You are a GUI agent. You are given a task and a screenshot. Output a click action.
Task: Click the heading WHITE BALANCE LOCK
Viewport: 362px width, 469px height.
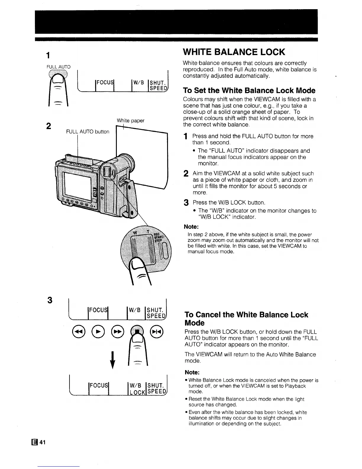pos(234,52)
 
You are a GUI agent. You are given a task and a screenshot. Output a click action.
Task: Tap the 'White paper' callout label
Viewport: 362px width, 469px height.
pos(130,121)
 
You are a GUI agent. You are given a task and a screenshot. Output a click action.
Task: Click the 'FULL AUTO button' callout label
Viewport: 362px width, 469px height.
pos(88,131)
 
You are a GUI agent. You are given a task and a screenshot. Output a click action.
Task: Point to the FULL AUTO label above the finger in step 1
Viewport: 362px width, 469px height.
pos(59,67)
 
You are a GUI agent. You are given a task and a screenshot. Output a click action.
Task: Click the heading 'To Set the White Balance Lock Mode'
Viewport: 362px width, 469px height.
pos(249,90)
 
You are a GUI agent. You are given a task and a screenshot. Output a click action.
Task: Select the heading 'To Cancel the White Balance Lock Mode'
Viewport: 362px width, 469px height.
pos(246,319)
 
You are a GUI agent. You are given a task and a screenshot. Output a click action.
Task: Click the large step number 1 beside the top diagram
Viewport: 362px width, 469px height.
pos(48,55)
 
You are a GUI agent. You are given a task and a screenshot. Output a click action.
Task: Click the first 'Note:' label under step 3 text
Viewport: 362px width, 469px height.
pos(191,227)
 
